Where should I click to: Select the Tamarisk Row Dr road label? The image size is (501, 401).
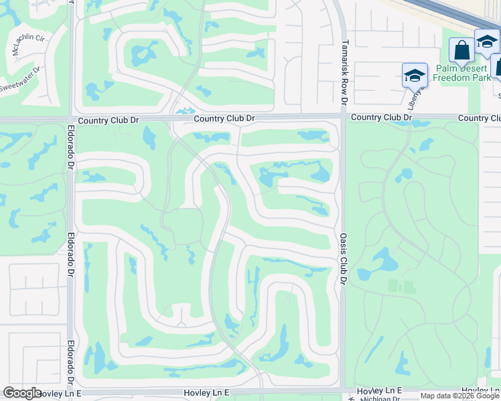click(x=344, y=72)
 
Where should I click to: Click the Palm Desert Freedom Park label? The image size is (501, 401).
click(x=462, y=73)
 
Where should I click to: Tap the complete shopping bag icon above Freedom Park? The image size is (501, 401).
click(x=461, y=50)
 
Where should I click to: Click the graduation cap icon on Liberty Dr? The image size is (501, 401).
click(x=415, y=75)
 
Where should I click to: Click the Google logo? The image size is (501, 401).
click(x=22, y=393)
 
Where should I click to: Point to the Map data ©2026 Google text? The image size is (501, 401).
click(x=459, y=396)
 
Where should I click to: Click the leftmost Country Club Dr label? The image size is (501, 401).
click(x=108, y=121)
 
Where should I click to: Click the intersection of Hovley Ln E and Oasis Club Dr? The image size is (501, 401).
click(x=343, y=390)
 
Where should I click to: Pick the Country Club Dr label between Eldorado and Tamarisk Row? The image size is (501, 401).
click(x=224, y=119)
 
